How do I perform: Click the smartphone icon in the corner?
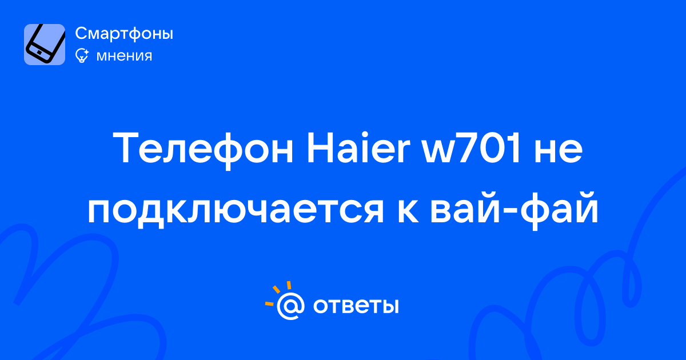click(45, 45)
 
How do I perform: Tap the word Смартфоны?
click(124, 33)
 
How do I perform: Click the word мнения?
click(124, 56)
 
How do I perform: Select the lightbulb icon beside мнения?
click(82, 55)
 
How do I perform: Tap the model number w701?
click(472, 148)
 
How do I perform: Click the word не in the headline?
click(559, 151)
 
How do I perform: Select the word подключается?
click(236, 210)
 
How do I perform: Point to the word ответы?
click(356, 306)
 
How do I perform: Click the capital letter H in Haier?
click(320, 148)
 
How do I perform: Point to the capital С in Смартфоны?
click(82, 33)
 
